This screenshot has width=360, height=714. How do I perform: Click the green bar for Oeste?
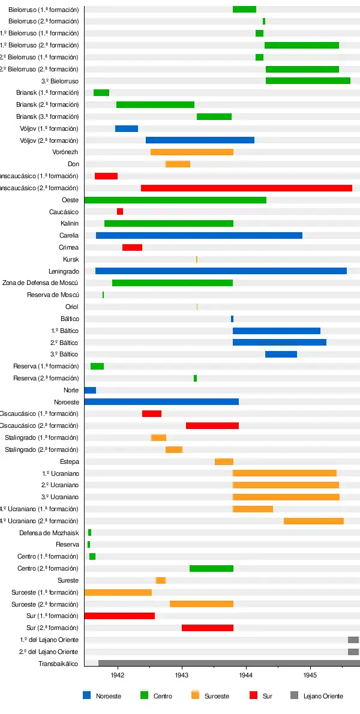pyautogui.click(x=175, y=200)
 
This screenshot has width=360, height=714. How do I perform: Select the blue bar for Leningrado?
pyautogui.click(x=221, y=271)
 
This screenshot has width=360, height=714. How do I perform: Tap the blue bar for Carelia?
pyautogui.click(x=199, y=235)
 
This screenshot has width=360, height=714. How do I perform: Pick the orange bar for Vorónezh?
pyautogui.click(x=192, y=152)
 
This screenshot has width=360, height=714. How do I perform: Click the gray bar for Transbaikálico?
pyautogui.click(x=229, y=663)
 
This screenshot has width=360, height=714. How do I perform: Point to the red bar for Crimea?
pyautogui.click(x=132, y=247)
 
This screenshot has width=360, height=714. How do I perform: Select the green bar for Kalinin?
pyautogui.click(x=169, y=223)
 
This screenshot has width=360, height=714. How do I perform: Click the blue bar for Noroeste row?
pyautogui.click(x=161, y=401)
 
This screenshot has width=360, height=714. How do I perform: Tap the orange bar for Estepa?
pyautogui.click(x=224, y=461)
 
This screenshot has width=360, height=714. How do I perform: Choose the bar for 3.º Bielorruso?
pyautogui.click(x=308, y=80)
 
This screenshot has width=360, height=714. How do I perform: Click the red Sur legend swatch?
pyautogui.click(x=253, y=695)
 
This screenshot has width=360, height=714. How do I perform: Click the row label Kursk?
pyautogui.click(x=71, y=259)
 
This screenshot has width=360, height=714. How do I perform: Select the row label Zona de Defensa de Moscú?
pyautogui.click(x=41, y=283)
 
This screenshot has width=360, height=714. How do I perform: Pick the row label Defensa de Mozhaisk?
pyautogui.click(x=49, y=533)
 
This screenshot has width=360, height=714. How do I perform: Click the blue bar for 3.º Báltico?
pyautogui.click(x=281, y=354)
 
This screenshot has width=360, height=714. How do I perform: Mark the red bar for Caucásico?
pyautogui.click(x=120, y=211)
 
